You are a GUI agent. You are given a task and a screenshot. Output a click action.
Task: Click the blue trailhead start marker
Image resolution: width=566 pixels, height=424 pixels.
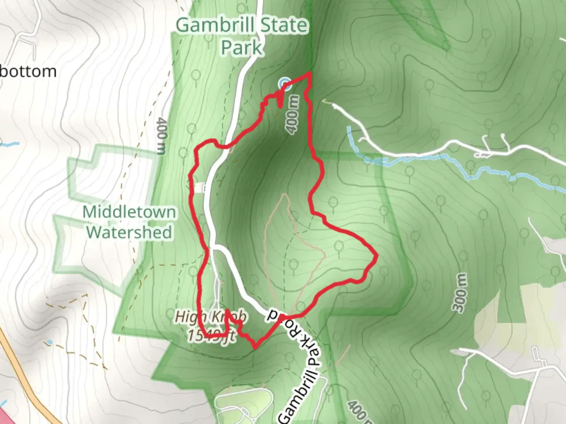click(285, 83)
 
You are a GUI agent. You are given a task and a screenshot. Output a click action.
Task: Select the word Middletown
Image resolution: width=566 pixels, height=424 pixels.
click(129, 212)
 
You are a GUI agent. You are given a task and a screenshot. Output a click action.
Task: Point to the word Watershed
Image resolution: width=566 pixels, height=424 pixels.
click(129, 232)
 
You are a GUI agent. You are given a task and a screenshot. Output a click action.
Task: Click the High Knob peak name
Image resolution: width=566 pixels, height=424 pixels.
click(211, 317)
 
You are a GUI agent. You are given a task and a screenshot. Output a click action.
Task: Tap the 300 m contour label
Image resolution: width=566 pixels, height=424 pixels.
click(461, 292)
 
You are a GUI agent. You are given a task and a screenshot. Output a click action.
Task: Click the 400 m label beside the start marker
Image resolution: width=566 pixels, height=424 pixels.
click(294, 114)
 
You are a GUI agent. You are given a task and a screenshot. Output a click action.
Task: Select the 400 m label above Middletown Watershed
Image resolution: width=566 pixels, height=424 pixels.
click(161, 135)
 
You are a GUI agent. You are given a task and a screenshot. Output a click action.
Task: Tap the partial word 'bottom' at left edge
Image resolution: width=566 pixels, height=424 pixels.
click(28, 71)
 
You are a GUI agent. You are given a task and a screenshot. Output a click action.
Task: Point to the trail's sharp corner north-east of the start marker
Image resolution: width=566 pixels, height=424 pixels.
click(311, 73)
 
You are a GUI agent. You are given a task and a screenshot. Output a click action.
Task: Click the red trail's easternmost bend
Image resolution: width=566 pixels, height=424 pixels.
click(377, 256)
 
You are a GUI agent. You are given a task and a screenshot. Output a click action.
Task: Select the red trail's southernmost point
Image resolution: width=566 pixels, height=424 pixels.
click(255, 347)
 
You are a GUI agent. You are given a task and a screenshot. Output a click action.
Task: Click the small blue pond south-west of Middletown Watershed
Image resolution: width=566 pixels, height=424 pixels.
click(49, 342)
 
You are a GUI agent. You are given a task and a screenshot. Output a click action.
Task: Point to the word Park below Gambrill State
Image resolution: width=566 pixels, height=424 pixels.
click(241, 48)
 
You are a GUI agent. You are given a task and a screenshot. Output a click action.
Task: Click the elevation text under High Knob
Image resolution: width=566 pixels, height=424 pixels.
click(211, 336)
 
